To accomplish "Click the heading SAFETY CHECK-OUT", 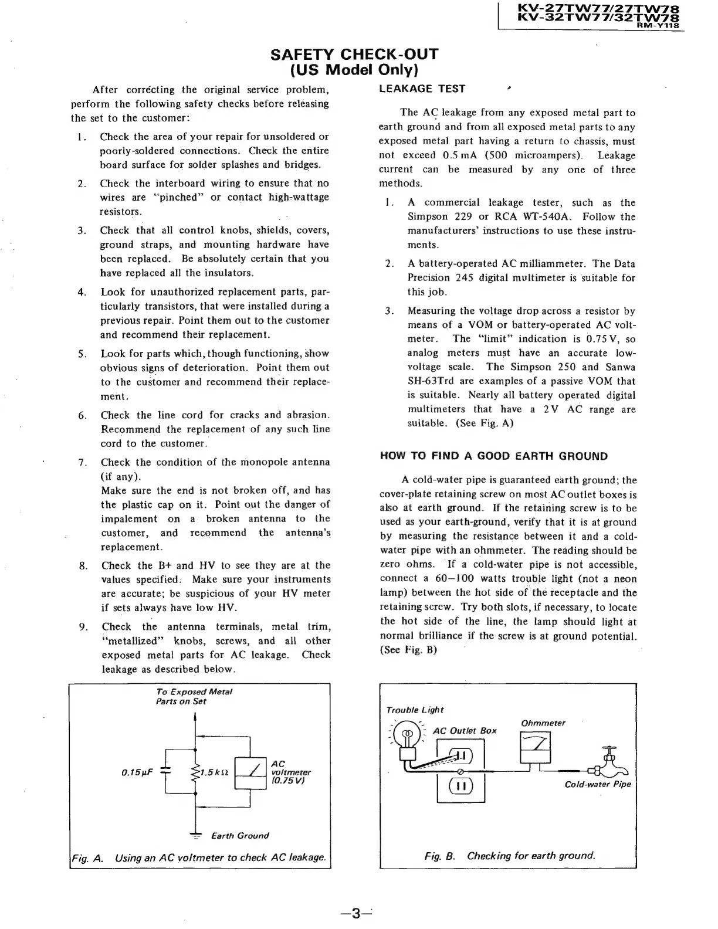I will point(354,55).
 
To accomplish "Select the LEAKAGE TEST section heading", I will point(422,89).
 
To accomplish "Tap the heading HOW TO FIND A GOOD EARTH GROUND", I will point(494,456).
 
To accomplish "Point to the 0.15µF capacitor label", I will point(137,772).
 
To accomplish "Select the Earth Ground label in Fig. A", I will point(239,836).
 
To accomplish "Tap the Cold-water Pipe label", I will point(597,785).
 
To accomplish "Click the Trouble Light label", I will point(415,710).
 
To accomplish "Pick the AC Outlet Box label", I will point(464,731).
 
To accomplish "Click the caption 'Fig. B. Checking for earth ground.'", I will point(509,856).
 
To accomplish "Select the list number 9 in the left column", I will point(83,627).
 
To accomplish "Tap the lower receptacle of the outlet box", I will point(460,786).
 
